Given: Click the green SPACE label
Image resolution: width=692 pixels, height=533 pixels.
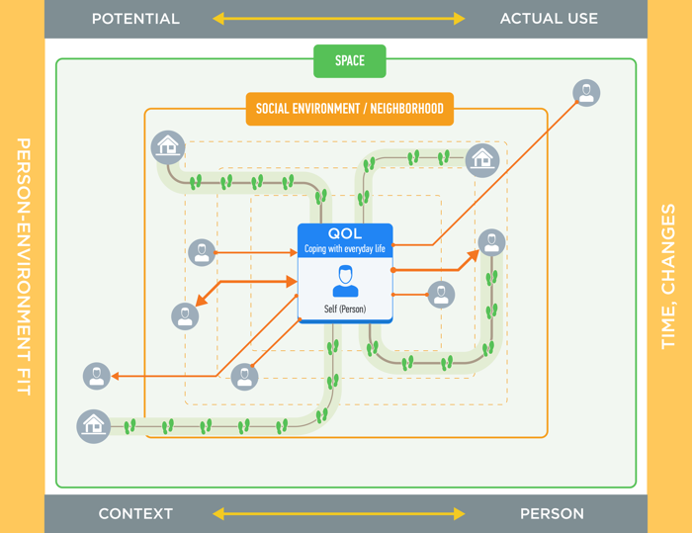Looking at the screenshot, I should pyautogui.click(x=349, y=61).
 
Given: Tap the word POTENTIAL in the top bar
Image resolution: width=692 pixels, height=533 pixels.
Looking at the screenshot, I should pyautogui.click(x=135, y=19).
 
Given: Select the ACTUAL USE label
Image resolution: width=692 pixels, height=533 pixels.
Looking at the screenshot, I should pyautogui.click(x=549, y=19).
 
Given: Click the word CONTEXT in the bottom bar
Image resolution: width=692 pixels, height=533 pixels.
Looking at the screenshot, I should pyautogui.click(x=135, y=514).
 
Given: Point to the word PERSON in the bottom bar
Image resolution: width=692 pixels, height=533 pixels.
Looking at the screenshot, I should pyautogui.click(x=552, y=514).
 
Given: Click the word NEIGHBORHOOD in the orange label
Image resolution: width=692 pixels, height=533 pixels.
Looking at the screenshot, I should pyautogui.click(x=406, y=109).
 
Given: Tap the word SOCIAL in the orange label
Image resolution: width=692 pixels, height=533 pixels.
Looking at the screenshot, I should pyautogui.click(x=276, y=109).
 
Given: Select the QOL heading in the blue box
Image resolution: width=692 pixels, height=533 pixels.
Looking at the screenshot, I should pyautogui.click(x=345, y=234).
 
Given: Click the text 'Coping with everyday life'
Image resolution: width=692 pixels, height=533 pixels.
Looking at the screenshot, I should pyautogui.click(x=345, y=249).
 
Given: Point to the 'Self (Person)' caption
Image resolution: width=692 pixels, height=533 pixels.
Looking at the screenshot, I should pyautogui.click(x=345, y=310).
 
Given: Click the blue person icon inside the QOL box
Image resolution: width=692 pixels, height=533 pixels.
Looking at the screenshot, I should pyautogui.click(x=345, y=281).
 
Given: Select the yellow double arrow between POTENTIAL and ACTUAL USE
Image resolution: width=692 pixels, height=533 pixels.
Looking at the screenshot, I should pyautogui.click(x=338, y=19).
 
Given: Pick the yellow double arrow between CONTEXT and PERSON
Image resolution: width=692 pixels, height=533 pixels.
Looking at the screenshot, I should pyautogui.click(x=338, y=514).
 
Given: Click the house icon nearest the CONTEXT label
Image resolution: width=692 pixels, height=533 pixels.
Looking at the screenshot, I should pyautogui.click(x=94, y=426).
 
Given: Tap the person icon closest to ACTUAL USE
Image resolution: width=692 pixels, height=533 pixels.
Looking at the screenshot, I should pyautogui.click(x=586, y=93).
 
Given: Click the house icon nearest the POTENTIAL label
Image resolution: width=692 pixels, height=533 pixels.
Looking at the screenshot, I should pyautogui.click(x=168, y=147).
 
